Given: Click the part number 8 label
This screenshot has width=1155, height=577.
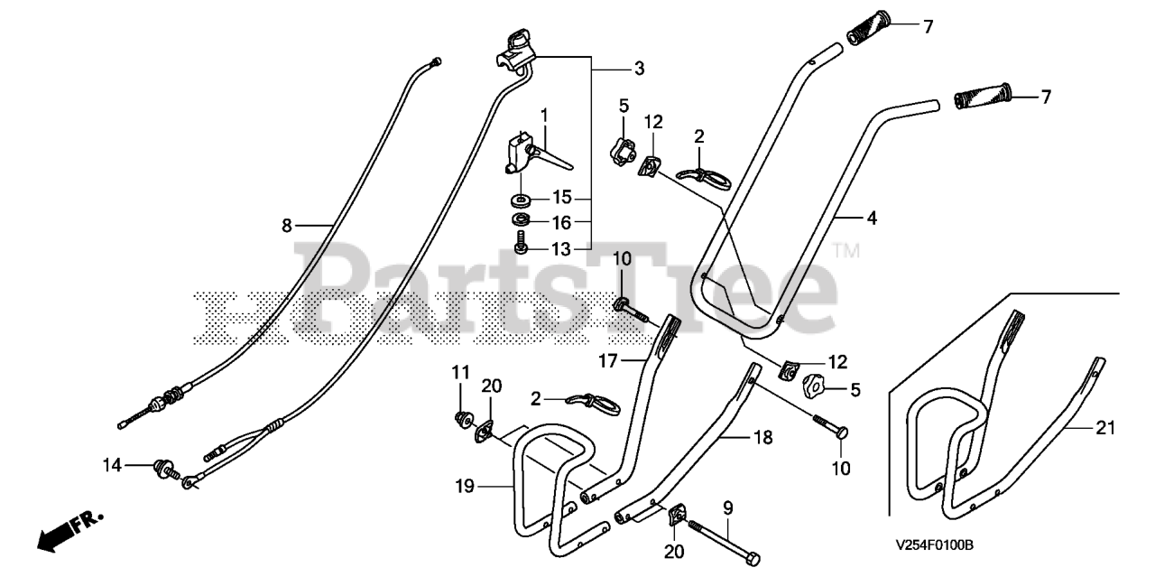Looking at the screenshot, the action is pos(287,226).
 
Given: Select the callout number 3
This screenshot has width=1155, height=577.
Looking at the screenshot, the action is pos(639,68).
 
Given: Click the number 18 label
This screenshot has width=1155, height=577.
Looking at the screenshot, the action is pos(763,436).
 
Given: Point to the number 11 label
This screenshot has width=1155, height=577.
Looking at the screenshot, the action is pos(461,372).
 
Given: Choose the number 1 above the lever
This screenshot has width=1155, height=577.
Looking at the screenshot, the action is pos(544,115).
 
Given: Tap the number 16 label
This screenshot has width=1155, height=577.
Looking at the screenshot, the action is pos(562,222).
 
